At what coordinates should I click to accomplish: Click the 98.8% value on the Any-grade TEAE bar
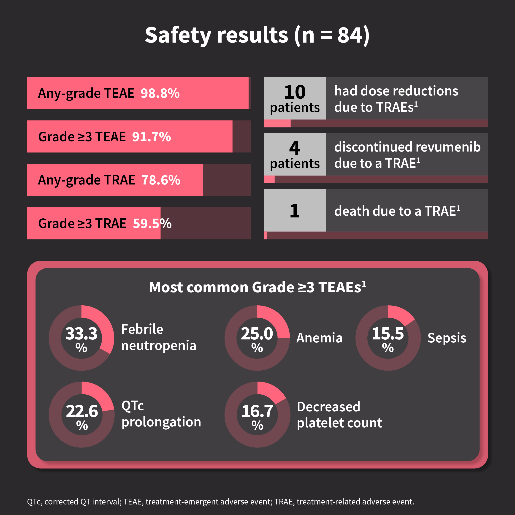point(160,93)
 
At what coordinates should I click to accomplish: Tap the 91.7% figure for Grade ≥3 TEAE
point(151,137)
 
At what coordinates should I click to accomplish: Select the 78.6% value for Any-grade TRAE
point(161,180)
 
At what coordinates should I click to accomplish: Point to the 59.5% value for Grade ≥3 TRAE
point(152,223)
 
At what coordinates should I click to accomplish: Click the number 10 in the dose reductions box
point(295,92)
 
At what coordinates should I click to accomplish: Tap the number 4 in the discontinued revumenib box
point(295,148)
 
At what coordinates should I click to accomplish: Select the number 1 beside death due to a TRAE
point(295,211)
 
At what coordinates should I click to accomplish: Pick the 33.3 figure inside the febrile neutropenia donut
point(81,333)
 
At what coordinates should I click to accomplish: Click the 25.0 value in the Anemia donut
point(257,333)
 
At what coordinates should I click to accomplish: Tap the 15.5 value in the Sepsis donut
point(388,333)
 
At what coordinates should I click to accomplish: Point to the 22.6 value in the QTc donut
point(82,411)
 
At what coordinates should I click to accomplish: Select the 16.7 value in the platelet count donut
point(257,411)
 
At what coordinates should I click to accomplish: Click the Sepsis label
point(447,338)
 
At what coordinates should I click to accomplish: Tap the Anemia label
point(319,338)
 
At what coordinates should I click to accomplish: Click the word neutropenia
point(159,345)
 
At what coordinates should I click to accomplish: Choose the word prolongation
point(161,422)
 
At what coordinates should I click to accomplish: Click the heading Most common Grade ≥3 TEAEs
point(257,287)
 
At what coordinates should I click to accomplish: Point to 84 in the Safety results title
point(350,35)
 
